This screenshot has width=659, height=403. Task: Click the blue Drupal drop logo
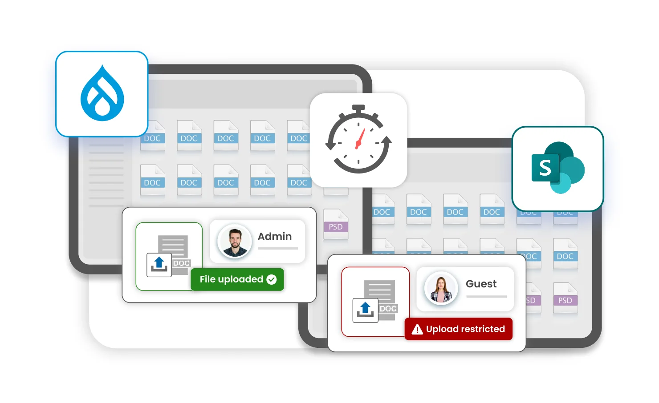coord(102,94)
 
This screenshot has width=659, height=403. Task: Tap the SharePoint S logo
coord(557,168)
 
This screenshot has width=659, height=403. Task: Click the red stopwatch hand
coord(359,139)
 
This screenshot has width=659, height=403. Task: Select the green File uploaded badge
coord(237,279)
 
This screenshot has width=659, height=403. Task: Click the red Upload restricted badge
coord(458,329)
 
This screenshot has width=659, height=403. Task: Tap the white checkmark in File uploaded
coord(272,279)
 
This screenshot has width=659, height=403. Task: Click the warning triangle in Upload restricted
coord(417,330)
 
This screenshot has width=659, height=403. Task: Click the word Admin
coord(275,237)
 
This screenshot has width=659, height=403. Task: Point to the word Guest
coord(481,284)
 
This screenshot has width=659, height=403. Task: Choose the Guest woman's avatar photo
coord(441,288)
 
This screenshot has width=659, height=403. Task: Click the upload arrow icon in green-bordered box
coord(159,264)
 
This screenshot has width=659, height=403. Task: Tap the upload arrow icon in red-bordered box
coord(365,310)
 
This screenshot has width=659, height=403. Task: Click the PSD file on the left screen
coord(336,225)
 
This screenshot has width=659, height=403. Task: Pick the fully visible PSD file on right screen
coord(565,298)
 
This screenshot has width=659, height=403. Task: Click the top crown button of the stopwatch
coord(358,108)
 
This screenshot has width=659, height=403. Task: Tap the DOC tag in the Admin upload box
coord(182,263)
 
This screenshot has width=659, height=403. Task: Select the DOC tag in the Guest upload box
coord(388,309)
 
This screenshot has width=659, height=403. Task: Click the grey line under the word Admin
coord(278,249)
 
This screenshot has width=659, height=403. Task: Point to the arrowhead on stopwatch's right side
coord(386,141)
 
